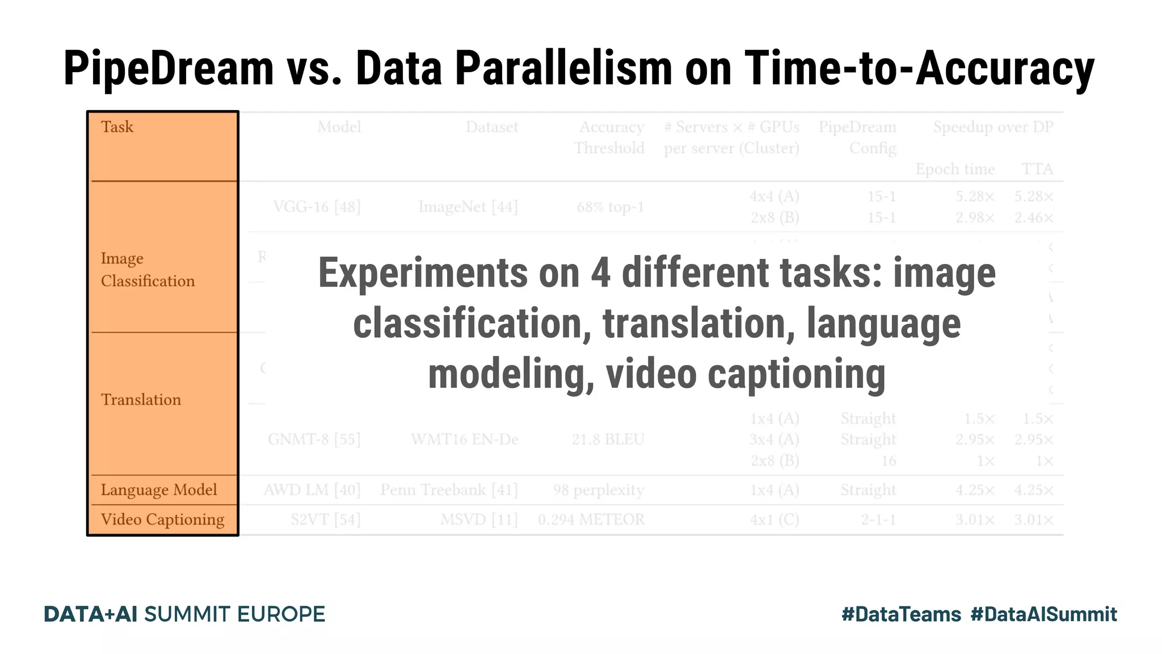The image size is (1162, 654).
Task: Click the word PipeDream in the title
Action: click(169, 69)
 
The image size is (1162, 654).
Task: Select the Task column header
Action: click(117, 127)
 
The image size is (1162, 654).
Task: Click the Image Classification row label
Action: click(148, 270)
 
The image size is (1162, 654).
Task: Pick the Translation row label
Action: click(141, 400)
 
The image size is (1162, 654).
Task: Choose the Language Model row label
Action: click(159, 490)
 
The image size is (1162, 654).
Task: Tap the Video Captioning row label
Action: click(162, 519)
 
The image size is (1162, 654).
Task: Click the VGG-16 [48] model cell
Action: click(317, 207)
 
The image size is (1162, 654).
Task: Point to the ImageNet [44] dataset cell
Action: click(468, 207)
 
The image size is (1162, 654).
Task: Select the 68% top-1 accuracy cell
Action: click(611, 207)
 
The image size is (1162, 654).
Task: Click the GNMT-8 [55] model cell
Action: click(314, 439)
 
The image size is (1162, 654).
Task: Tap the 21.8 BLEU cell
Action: click(608, 439)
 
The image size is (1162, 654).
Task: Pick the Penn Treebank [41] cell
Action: click(449, 490)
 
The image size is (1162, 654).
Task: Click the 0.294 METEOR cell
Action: click(591, 519)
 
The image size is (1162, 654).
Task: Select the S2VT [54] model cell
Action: click(326, 519)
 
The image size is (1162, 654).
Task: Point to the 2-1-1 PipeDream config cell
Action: click(878, 519)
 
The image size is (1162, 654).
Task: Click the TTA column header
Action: click(1037, 169)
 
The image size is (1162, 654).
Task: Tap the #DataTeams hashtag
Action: click(901, 614)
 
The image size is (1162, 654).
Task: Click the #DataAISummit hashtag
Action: click(1043, 614)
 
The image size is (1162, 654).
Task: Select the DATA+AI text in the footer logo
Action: click(91, 614)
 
